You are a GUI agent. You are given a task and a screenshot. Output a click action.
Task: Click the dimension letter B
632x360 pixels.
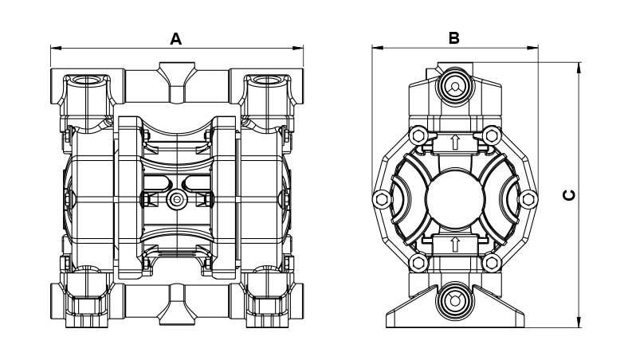coord(453,37)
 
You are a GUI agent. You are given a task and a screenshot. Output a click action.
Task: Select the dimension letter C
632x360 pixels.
coord(567,195)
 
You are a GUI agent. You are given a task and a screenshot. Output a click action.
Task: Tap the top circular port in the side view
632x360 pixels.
coord(454,86)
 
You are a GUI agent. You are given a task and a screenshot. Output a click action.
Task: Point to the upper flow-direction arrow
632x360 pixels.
coord(454,143)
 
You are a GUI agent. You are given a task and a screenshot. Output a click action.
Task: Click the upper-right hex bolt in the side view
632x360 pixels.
coord(492,134)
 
